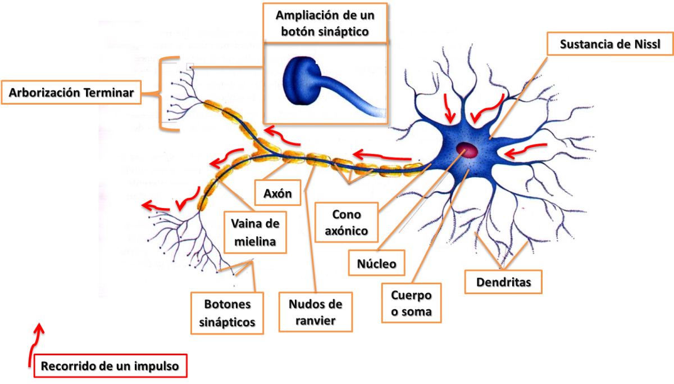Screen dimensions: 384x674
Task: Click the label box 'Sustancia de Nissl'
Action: click(x=609, y=44)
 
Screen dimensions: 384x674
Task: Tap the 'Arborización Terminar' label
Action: click(x=71, y=93)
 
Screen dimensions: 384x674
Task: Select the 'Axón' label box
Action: click(x=277, y=193)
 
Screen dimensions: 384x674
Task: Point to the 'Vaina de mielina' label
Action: click(x=255, y=232)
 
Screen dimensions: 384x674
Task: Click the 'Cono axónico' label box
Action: click(x=346, y=222)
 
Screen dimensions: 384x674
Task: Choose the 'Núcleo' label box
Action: click(x=376, y=263)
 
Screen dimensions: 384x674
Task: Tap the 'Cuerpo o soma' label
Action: click(x=411, y=303)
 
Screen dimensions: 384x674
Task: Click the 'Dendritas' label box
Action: click(x=503, y=282)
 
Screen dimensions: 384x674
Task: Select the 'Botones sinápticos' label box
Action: click(x=227, y=313)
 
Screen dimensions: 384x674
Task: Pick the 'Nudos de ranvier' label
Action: click(x=315, y=312)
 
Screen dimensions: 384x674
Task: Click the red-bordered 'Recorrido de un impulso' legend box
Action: click(x=110, y=367)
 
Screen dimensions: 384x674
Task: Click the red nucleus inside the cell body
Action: click(x=467, y=150)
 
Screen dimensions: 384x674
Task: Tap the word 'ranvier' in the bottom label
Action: click(x=315, y=320)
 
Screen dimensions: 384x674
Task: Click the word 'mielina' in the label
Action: click(x=255, y=242)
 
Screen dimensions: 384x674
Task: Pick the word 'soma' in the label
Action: click(x=417, y=311)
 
